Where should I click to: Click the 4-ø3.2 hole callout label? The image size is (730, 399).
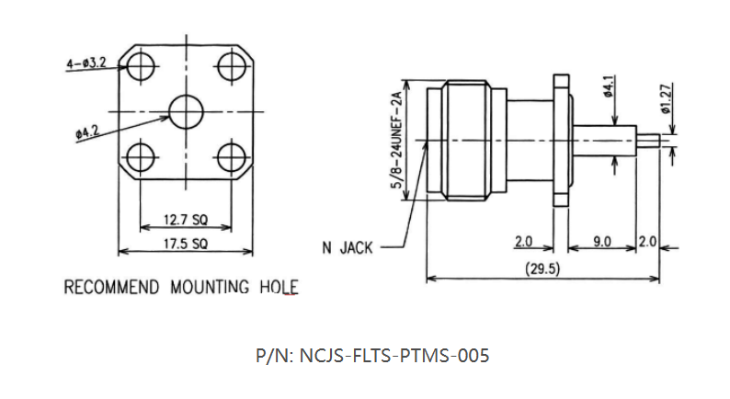tap(86, 63)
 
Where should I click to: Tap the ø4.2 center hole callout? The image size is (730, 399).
tap(87, 132)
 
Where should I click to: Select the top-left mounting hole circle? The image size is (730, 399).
tap(141, 67)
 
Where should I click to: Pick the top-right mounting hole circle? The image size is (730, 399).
tap(232, 66)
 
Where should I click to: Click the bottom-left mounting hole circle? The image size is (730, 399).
tap(141, 157)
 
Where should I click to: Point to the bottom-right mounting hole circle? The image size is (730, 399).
tap(232, 157)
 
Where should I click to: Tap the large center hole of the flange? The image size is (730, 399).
tap(187, 112)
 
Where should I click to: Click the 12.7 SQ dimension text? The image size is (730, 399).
tap(186, 220)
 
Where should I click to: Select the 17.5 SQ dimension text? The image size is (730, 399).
tap(186, 244)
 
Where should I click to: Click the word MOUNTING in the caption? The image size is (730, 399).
tap(210, 287)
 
